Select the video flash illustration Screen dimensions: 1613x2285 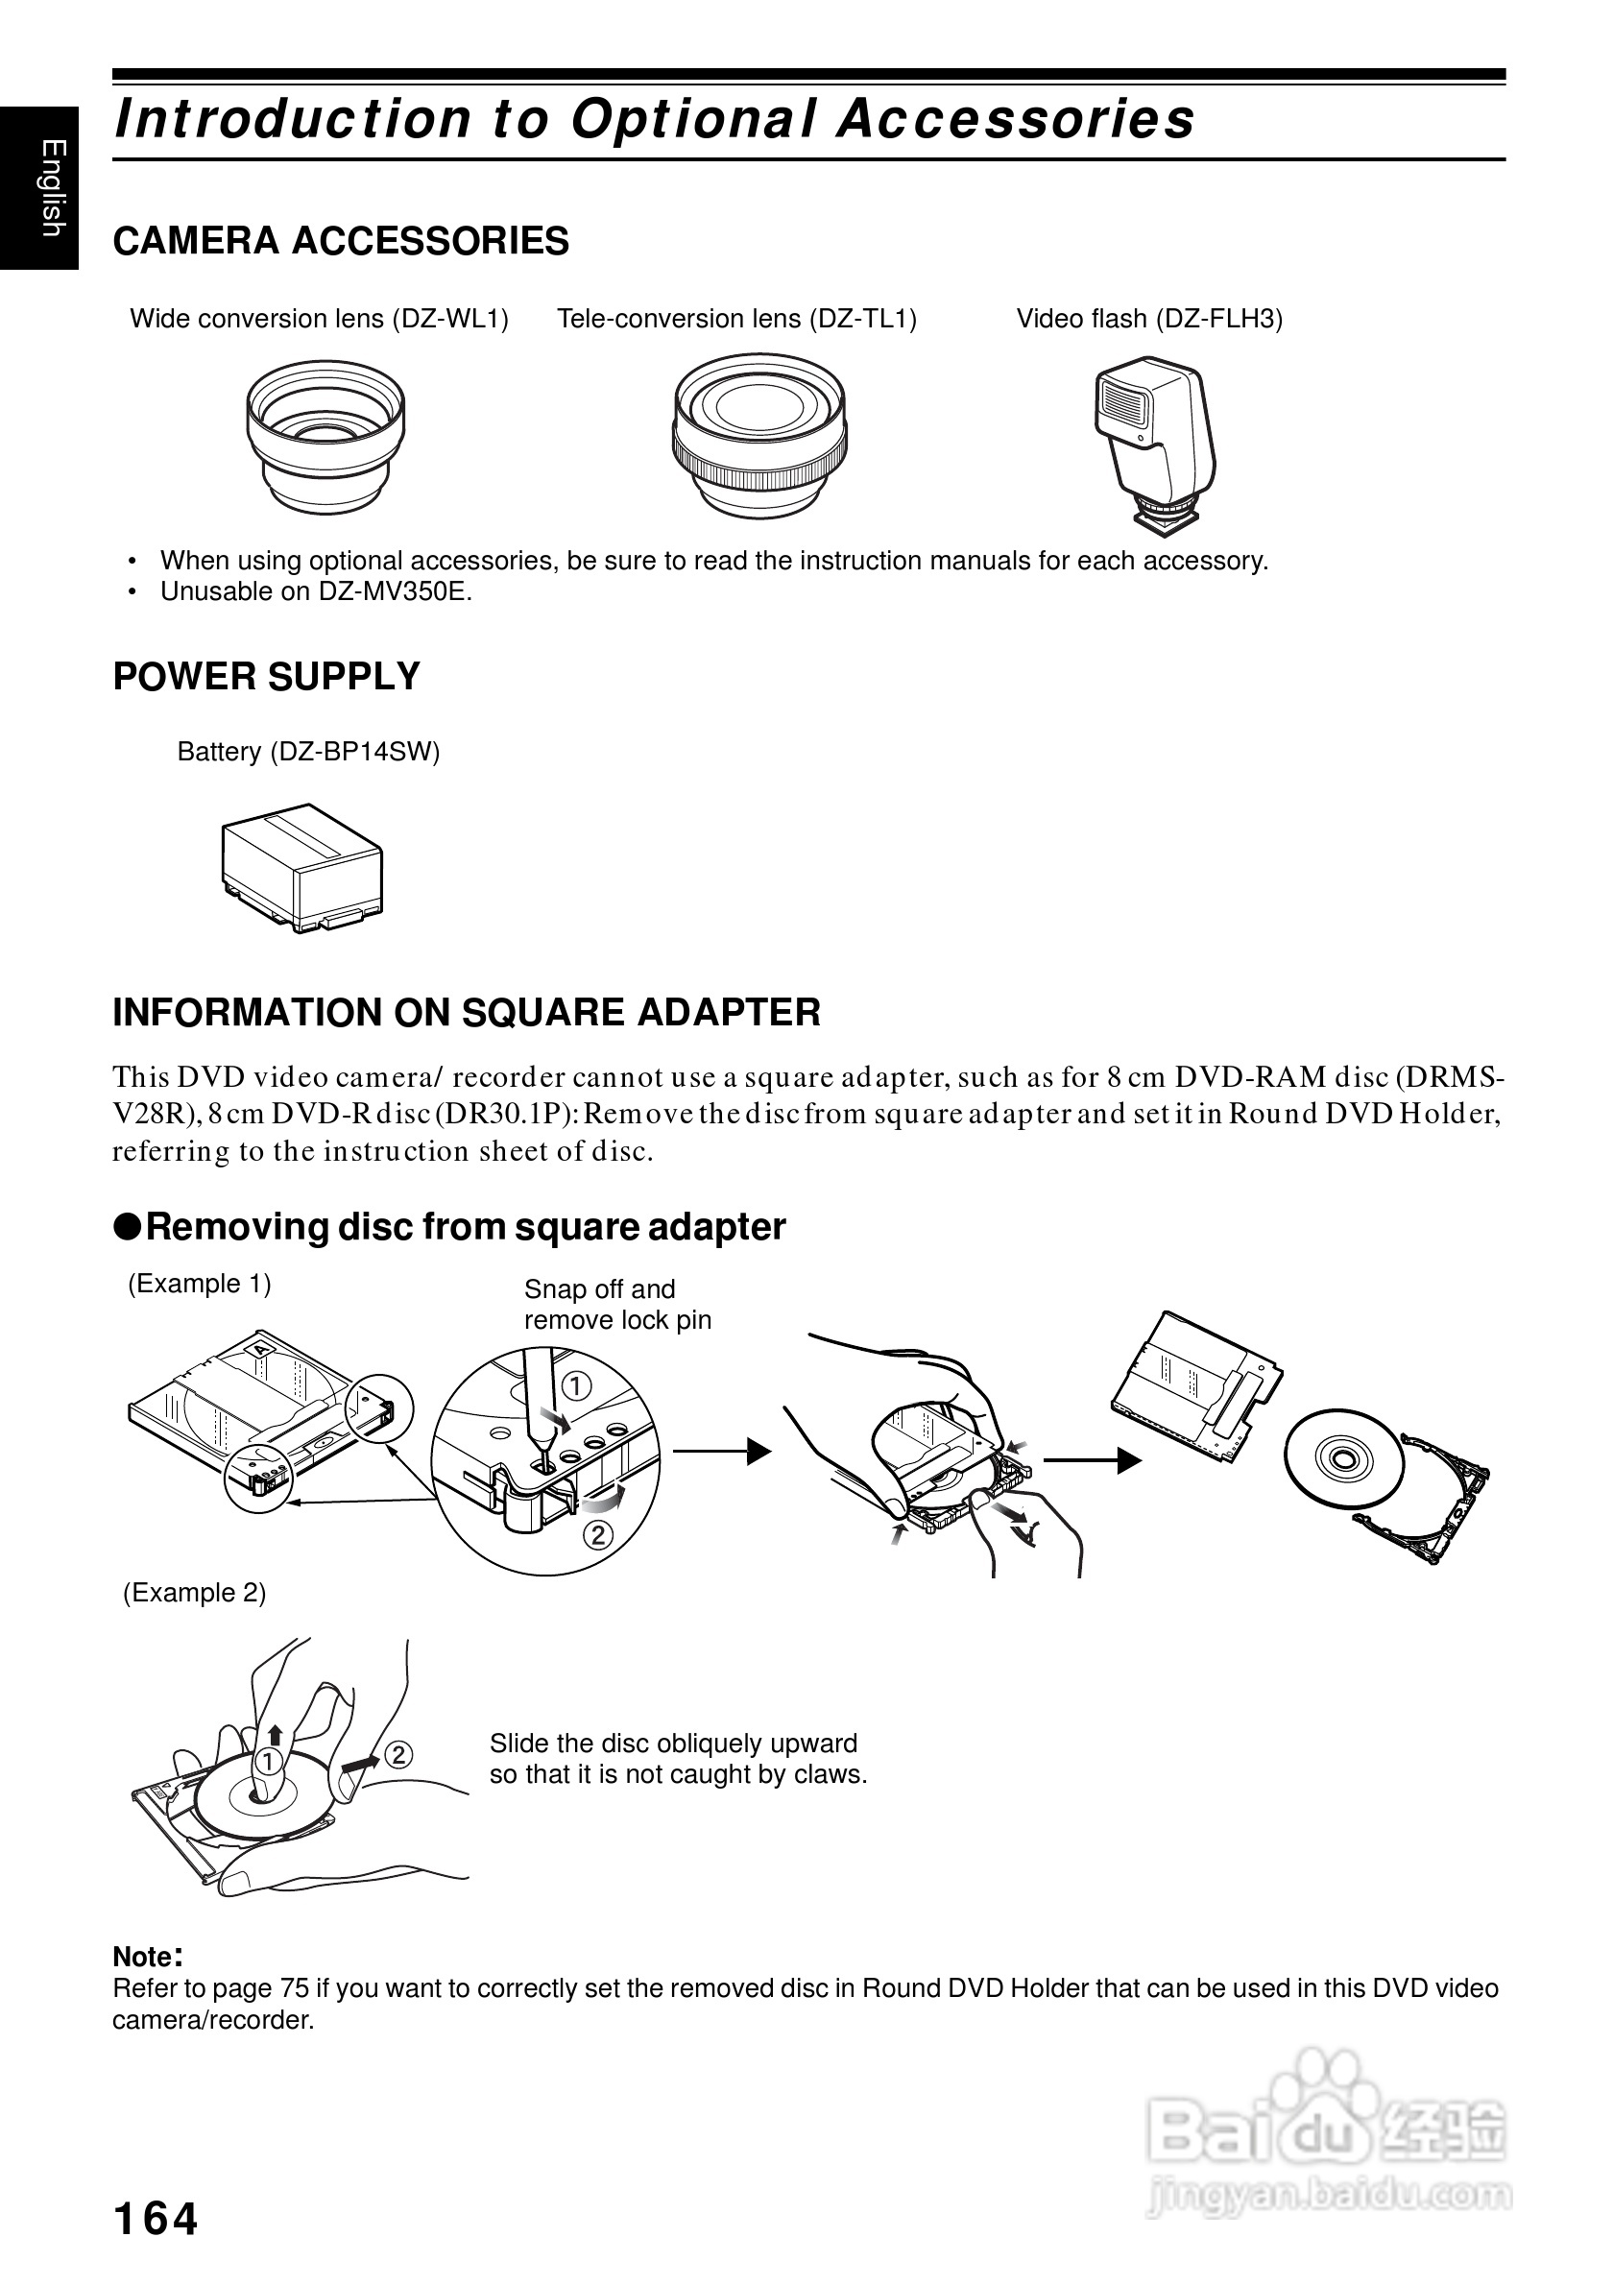click(x=1154, y=444)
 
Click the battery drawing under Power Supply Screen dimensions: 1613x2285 click(x=301, y=867)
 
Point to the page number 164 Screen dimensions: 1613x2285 click(x=156, y=2219)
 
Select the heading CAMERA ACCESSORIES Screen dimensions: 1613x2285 click(x=340, y=241)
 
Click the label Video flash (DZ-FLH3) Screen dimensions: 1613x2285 click(x=1149, y=319)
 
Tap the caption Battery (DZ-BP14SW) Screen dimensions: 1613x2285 click(x=308, y=752)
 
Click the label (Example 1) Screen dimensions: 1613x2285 click(x=199, y=1284)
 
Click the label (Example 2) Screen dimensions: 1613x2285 click(x=194, y=1593)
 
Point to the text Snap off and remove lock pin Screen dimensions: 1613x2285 click(x=617, y=1305)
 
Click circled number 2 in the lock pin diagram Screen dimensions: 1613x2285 click(x=598, y=1534)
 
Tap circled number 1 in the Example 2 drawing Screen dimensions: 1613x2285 click(x=268, y=1763)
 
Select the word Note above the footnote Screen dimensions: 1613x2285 click(x=143, y=1957)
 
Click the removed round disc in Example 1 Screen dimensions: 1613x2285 click(x=1342, y=1460)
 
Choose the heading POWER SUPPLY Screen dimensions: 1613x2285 click(x=267, y=677)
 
